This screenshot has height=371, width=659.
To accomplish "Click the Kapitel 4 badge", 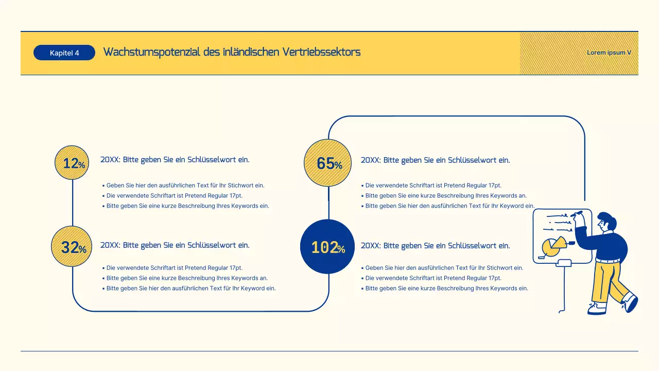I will click(64, 53).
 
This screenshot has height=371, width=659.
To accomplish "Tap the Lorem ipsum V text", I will click(609, 53).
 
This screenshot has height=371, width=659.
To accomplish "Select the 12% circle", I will click(72, 163).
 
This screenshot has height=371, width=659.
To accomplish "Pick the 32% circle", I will click(72, 247).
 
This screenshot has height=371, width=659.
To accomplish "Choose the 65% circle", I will click(328, 163).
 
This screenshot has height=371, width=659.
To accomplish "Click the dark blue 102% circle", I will click(327, 247).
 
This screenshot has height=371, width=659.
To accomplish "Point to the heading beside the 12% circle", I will click(175, 160).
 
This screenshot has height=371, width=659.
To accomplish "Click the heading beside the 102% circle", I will click(435, 246).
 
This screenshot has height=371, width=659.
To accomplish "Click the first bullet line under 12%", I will click(185, 185).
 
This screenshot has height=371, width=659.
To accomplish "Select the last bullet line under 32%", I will click(190, 289).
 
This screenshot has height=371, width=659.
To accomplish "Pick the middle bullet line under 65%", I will click(446, 196).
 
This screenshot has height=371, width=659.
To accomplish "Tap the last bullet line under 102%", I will click(446, 289).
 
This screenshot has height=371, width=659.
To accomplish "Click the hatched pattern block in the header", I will click(551, 54).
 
